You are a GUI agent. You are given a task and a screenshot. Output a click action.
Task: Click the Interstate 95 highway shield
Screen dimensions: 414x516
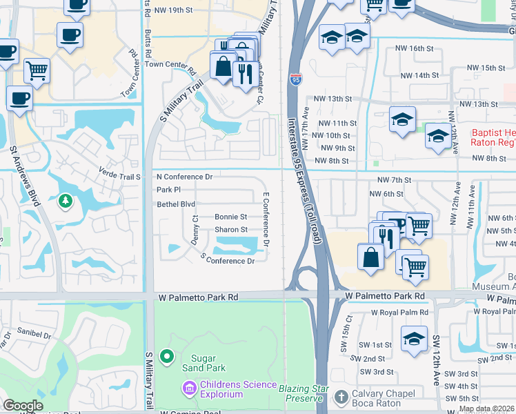pos(295,79)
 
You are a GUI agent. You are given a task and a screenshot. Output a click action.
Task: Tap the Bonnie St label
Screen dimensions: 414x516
pos(230,217)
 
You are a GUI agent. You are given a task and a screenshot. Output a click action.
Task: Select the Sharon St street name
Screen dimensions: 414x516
pos(231,230)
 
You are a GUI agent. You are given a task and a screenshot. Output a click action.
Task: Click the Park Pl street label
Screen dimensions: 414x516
pos(168,189)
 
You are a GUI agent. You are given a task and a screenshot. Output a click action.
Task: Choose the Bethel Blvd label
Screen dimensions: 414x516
pos(176,204)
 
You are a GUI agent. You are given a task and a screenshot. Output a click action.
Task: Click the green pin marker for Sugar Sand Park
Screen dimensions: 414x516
pos(166,357)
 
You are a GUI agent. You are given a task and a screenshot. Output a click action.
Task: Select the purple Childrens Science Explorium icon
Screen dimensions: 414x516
pos(189,389)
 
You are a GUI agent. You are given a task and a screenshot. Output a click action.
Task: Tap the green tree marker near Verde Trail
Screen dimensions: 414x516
pos(66,201)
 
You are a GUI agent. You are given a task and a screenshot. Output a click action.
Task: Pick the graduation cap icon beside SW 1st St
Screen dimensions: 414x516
pos(414,339)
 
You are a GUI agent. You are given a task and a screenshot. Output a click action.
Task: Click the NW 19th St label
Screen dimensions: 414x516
pos(173,10)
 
